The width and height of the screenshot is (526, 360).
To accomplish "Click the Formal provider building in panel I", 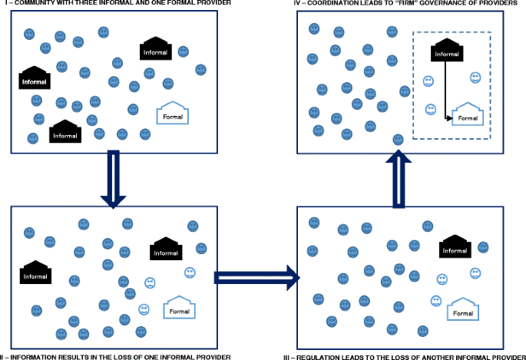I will click(x=172, y=114).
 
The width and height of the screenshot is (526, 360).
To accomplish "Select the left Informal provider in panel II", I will click(x=35, y=272).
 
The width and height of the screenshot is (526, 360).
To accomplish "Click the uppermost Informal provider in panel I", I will click(x=156, y=50).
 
